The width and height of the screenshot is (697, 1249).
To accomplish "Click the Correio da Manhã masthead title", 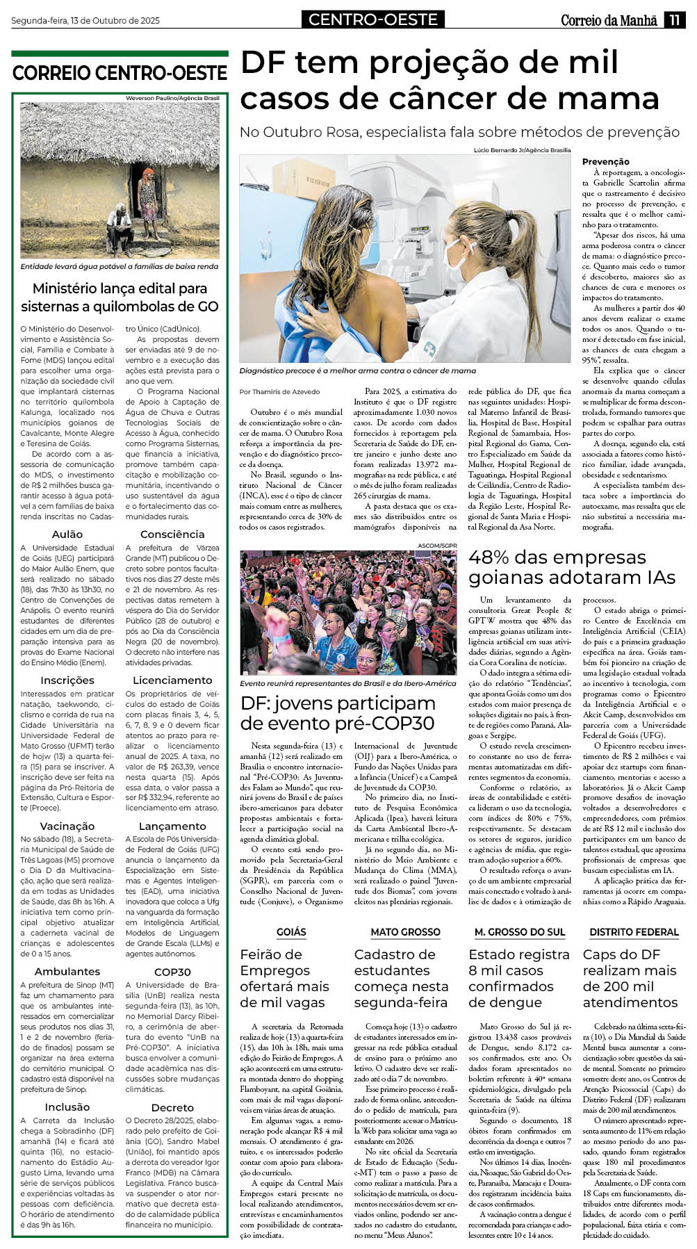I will tap(609, 20).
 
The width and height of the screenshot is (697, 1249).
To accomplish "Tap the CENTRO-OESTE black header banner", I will tap(373, 19).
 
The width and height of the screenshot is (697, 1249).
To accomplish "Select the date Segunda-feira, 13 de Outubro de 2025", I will tap(85, 21).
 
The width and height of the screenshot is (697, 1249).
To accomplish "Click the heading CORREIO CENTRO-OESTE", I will tap(120, 73).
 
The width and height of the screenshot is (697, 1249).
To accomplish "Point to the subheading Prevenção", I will tap(605, 161).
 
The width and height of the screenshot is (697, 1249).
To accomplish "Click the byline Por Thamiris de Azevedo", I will tap(280, 392).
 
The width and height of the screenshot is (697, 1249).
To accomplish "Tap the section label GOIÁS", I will tap(291, 932).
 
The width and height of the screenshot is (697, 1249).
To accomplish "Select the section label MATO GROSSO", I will tap(405, 932).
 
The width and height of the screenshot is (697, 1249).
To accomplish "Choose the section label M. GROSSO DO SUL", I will tap(520, 932).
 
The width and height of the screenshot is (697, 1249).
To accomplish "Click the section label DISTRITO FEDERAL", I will tap(634, 932).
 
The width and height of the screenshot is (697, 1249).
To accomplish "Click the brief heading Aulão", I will tap(67, 534).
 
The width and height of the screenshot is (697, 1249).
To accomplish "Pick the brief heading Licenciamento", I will tap(172, 680).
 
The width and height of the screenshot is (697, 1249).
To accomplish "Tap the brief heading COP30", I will tap(172, 972).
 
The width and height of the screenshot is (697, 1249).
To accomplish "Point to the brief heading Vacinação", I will tap(67, 826).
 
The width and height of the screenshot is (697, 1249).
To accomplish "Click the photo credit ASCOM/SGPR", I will tap(437, 546).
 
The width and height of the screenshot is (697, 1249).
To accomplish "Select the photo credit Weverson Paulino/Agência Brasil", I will tap(172, 99).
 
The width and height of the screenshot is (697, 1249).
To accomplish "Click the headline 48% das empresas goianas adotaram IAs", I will tap(571, 567).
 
